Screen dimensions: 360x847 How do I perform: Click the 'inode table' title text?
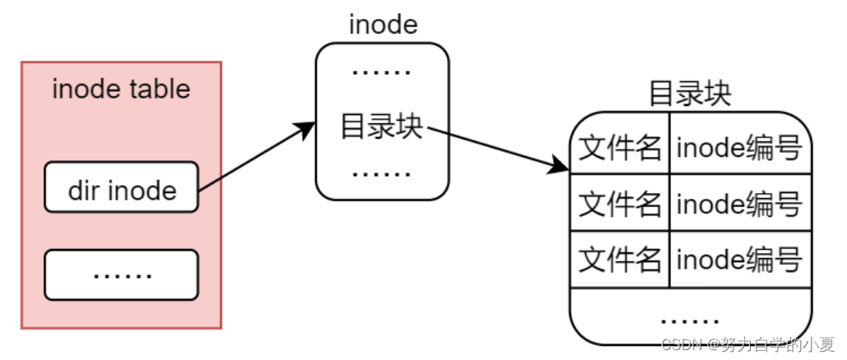[x=121, y=89]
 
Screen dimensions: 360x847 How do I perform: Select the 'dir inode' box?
[x=122, y=190]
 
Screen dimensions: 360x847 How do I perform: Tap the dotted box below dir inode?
[x=122, y=275]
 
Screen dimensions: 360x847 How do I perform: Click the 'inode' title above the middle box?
[x=383, y=25]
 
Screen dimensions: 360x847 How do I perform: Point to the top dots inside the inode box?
[x=382, y=73]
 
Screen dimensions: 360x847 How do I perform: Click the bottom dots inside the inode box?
[x=382, y=174]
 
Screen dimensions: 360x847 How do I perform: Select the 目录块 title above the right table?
[x=690, y=93]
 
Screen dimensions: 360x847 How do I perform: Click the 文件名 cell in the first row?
[x=620, y=149]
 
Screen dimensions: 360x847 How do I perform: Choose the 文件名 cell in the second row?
[x=620, y=203]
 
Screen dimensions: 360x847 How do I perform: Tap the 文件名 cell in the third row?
[x=620, y=260]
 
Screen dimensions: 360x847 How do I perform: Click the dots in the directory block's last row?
[x=690, y=317]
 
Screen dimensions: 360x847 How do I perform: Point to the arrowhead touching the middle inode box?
[x=308, y=128]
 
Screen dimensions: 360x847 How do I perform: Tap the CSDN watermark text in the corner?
[x=748, y=344]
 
